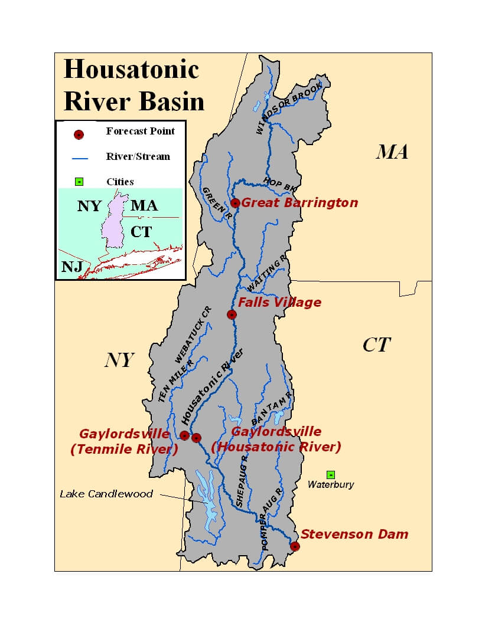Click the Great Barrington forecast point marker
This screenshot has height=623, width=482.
[x=235, y=203]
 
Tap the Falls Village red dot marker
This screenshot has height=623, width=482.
[x=232, y=314]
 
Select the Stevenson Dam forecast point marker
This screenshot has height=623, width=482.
[x=295, y=546]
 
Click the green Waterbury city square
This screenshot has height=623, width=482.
[x=331, y=474]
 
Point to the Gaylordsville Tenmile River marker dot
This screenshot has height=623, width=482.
[x=184, y=436]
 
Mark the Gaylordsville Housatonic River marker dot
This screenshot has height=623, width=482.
[x=197, y=437]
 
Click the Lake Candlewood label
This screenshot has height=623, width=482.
[x=106, y=494]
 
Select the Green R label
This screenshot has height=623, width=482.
[x=216, y=204]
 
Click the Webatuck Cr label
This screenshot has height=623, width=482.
[x=193, y=335]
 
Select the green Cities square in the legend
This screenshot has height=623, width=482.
[x=79, y=182]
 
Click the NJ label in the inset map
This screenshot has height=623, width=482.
[x=71, y=267]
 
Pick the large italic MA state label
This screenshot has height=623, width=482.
[x=392, y=152]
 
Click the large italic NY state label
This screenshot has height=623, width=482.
[x=120, y=360]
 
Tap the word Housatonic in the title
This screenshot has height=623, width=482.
[x=131, y=70]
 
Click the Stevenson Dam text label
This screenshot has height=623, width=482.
[x=354, y=535]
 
